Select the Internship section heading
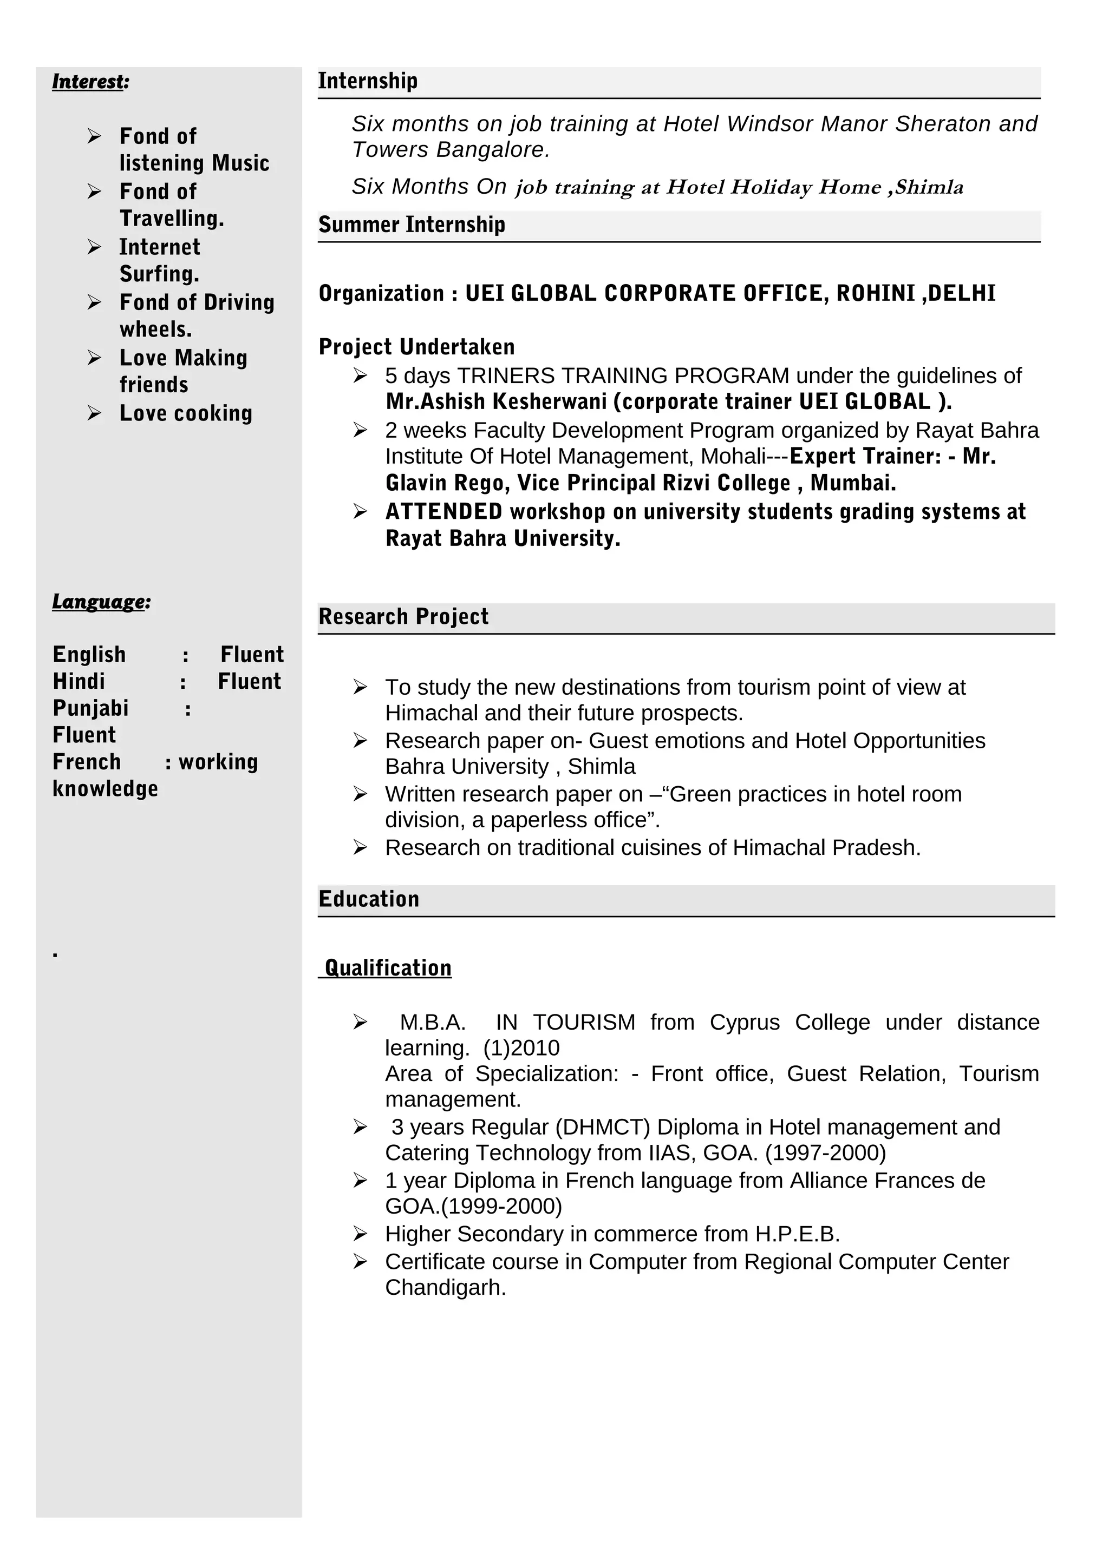point(368,81)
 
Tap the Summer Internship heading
point(412,225)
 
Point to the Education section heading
point(369,899)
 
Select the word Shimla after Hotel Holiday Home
point(929,187)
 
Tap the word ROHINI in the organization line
point(877,294)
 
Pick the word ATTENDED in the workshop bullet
point(443,511)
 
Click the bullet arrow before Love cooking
point(94,413)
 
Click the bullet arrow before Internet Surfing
point(94,247)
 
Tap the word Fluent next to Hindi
point(250,682)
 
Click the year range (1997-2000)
point(825,1153)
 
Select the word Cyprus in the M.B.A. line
point(744,1023)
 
